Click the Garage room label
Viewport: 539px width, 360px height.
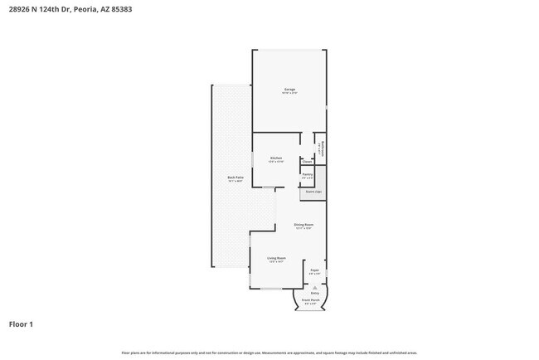click(290, 89)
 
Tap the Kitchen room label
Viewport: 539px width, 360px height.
click(276, 158)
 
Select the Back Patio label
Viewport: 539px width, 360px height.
click(236, 178)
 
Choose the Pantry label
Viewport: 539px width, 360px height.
click(307, 174)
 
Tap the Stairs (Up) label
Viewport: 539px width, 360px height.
click(313, 192)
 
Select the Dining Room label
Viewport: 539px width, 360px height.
click(303, 224)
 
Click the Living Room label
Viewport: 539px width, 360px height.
click(276, 258)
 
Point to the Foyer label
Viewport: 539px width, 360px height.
click(314, 270)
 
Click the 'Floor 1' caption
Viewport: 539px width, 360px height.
click(21, 324)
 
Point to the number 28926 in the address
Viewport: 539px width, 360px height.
click(19, 9)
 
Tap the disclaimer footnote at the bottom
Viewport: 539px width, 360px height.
click(269, 353)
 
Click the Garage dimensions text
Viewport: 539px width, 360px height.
click(290, 93)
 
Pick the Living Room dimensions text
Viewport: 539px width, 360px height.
click(276, 262)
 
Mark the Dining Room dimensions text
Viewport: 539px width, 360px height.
click(303, 228)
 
